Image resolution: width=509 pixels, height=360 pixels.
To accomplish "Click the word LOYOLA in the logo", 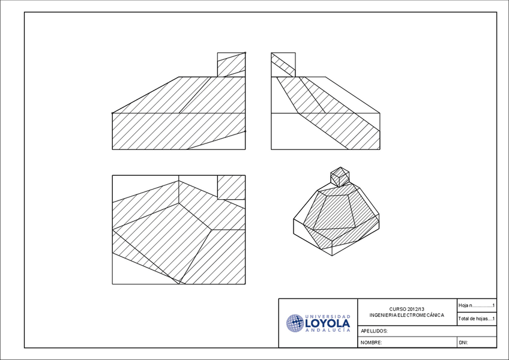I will coord(327,323).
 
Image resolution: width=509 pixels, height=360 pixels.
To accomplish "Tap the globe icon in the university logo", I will coord(295,323).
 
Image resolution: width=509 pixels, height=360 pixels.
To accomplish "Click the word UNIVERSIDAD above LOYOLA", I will coord(328,316).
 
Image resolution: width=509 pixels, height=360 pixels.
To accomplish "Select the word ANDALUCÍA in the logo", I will coord(328,331).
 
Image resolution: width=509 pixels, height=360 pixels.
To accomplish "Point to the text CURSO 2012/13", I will coord(406,308).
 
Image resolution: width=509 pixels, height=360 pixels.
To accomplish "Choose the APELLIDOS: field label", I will coord(374,331).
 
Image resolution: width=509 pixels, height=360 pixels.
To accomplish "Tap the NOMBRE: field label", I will coord(372,343).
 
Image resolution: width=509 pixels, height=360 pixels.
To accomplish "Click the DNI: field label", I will coord(463,343).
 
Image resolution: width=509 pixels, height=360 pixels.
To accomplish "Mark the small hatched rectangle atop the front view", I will coord(231,65).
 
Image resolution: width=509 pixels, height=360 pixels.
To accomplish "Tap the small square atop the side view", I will coord(283,65).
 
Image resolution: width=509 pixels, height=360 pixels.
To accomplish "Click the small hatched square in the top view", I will coord(231,187).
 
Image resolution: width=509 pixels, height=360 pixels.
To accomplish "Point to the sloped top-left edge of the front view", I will coord(146,95).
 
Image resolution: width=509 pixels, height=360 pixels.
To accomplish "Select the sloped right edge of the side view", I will coord(353,95).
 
